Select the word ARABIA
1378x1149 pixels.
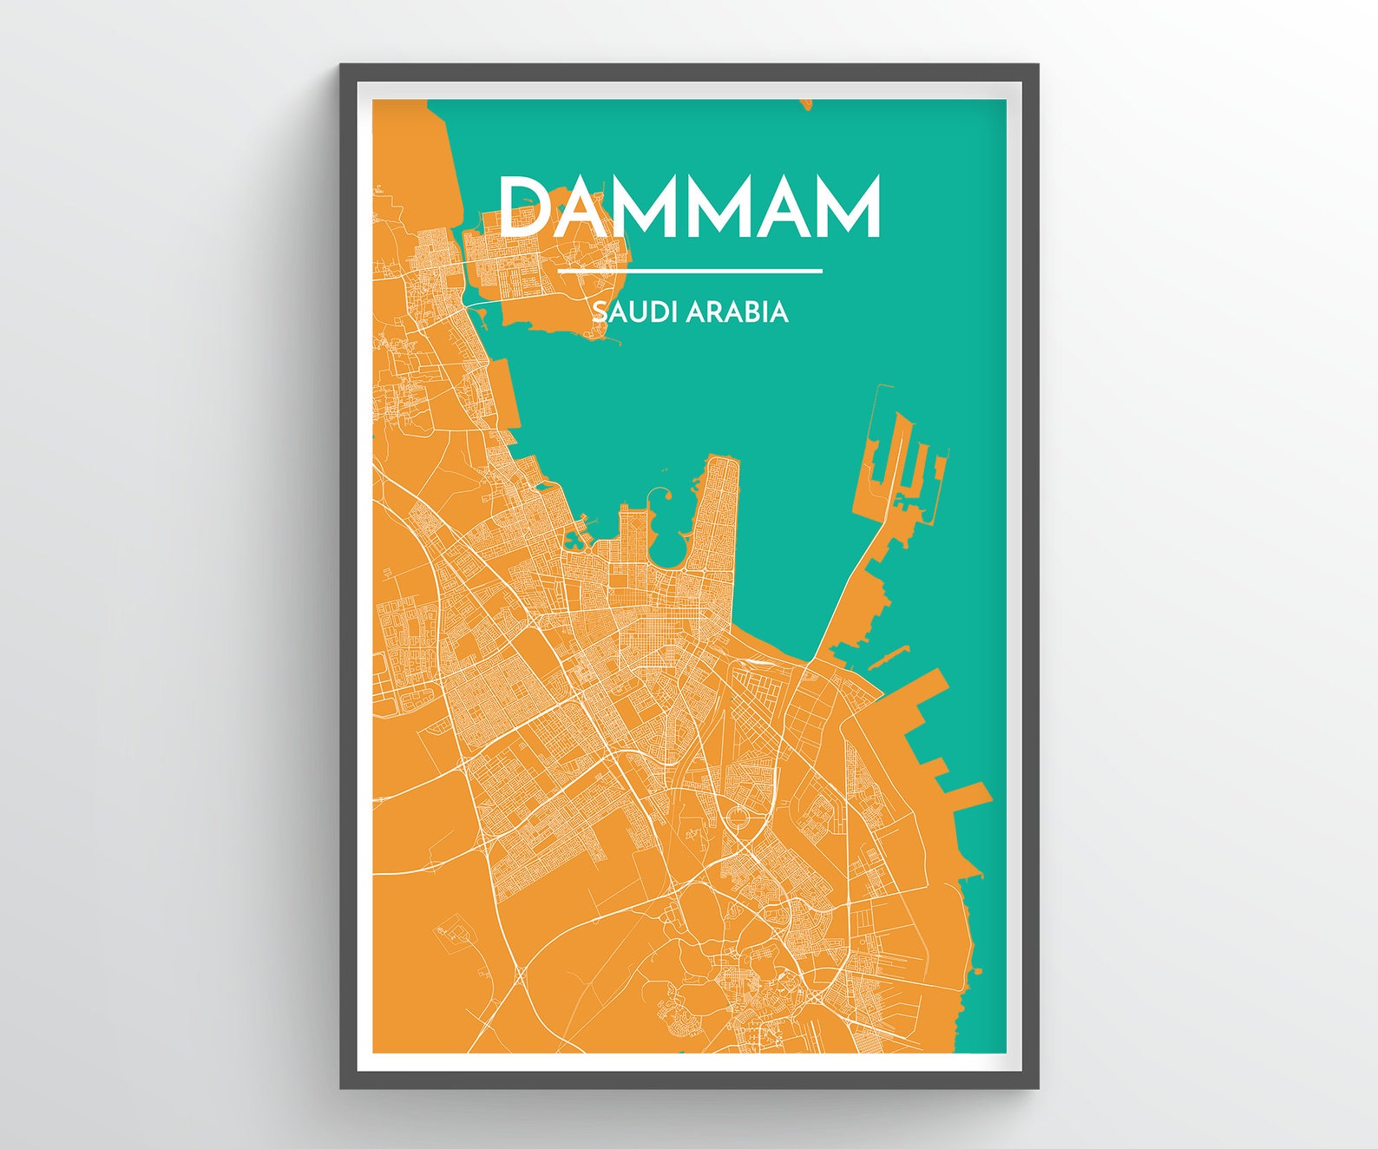click(737, 312)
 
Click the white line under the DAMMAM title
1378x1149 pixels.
click(690, 271)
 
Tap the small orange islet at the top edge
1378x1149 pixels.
click(804, 105)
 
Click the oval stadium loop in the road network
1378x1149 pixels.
click(738, 817)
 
